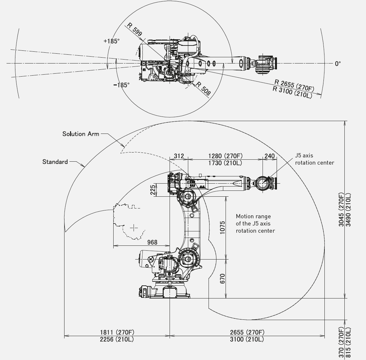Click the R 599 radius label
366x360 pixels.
coord(135,29)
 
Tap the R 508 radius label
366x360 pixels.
coord(203,88)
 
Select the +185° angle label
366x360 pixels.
coord(111,41)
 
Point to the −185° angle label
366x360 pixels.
coord(121,85)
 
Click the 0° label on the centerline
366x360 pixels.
coord(338,64)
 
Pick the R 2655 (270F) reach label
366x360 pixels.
coord(294,85)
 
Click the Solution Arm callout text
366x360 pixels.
coord(81,134)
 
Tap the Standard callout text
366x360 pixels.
coord(55,162)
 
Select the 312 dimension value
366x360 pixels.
coord(179,156)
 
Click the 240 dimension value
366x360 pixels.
coord(270,156)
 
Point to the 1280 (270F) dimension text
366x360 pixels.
coord(225,156)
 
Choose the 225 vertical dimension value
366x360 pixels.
coord(153,190)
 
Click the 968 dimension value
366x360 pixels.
coord(152,242)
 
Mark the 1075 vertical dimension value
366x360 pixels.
coord(222,227)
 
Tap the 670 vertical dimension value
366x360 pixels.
coord(222,279)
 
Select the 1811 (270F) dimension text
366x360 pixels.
coord(117,332)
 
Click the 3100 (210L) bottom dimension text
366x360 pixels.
coord(247,339)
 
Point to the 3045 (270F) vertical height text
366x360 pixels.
coord(341,209)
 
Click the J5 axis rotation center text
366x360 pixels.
coord(314,159)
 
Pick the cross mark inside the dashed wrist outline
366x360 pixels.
coord(134,228)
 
